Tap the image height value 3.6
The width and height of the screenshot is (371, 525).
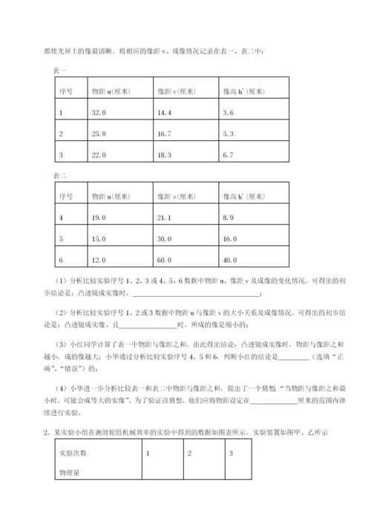click(x=229, y=112)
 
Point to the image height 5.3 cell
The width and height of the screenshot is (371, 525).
click(x=229, y=134)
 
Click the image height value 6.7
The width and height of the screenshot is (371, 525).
click(x=229, y=154)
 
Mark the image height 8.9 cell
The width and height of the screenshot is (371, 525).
click(x=229, y=218)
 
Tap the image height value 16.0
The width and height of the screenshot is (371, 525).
click(x=230, y=239)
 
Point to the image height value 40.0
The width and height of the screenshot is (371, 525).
click(x=230, y=260)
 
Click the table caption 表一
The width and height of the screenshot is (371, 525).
click(x=60, y=70)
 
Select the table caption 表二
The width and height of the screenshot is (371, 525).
click(x=60, y=176)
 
